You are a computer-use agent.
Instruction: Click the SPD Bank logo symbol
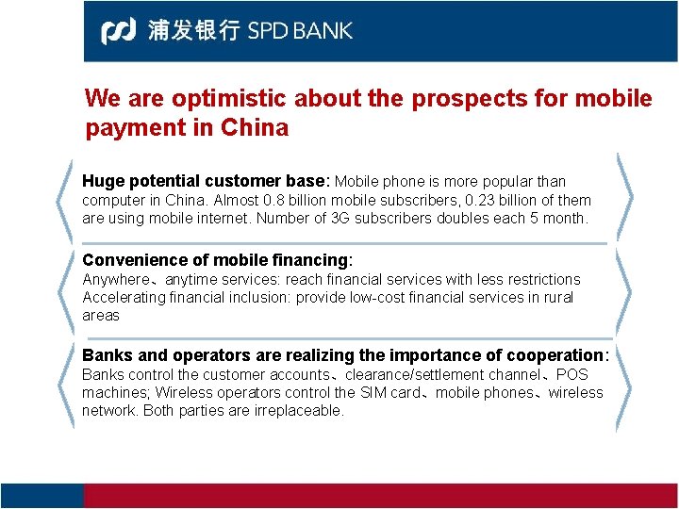(x=119, y=30)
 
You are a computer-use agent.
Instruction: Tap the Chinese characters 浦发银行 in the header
(x=193, y=30)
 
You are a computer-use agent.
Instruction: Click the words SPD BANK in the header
(x=300, y=30)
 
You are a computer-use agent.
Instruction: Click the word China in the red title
(x=255, y=128)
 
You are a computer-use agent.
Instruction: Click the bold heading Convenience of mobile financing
(x=216, y=260)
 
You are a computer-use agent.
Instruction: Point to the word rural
(x=555, y=298)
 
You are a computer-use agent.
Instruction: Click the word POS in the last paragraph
(x=571, y=374)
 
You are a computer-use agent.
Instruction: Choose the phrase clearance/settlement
(x=420, y=374)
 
